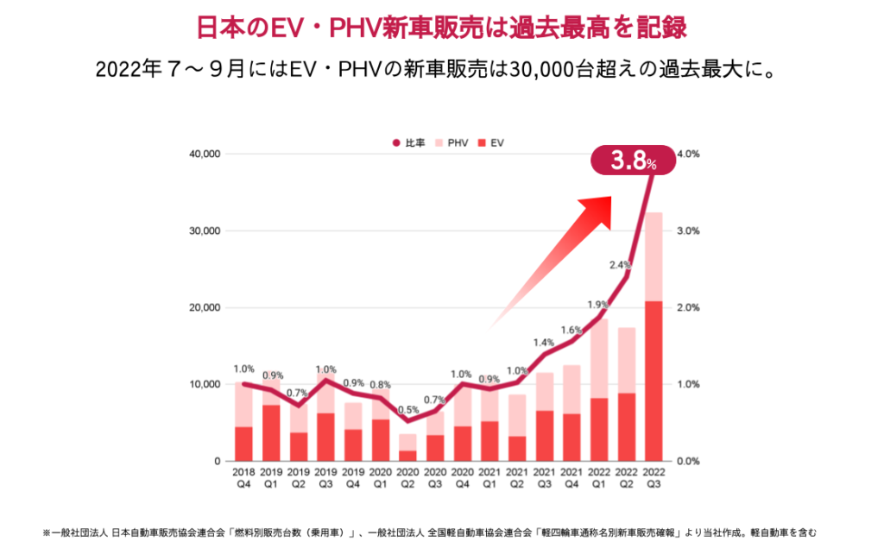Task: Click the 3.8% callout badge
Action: click(x=633, y=161)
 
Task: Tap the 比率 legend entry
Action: click(x=409, y=142)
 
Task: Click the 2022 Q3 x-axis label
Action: click(x=654, y=477)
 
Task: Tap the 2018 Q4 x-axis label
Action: click(x=243, y=477)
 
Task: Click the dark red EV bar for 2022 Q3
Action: click(x=654, y=381)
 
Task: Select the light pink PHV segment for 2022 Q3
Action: click(x=654, y=256)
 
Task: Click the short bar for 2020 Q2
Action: click(x=407, y=448)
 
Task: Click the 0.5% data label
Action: click(x=407, y=410)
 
